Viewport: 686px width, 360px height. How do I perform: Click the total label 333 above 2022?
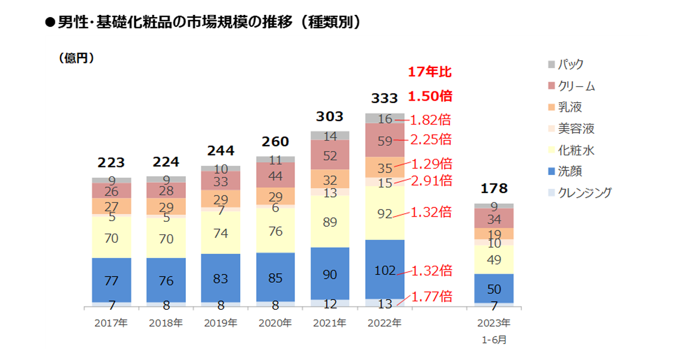point(384,98)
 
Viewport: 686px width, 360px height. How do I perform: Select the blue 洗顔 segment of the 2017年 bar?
point(111,279)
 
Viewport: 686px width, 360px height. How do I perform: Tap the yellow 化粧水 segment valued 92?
point(384,213)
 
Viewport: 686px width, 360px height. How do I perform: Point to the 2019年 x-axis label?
point(221,323)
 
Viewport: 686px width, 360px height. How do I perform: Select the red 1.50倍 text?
point(429,96)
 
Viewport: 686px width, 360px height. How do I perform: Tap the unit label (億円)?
point(76,58)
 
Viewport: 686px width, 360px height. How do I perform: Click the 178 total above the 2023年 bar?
point(493,189)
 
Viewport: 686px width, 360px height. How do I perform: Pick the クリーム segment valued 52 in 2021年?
point(330,154)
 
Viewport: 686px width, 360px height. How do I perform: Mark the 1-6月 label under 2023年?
point(493,339)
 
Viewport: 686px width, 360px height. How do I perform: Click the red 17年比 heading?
point(429,73)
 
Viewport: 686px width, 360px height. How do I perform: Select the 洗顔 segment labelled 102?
point(384,270)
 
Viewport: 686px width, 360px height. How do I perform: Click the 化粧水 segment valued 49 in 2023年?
point(493,259)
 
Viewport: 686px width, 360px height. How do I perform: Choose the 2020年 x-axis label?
point(275,323)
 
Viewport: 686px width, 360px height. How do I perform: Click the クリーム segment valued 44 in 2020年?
point(275,175)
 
